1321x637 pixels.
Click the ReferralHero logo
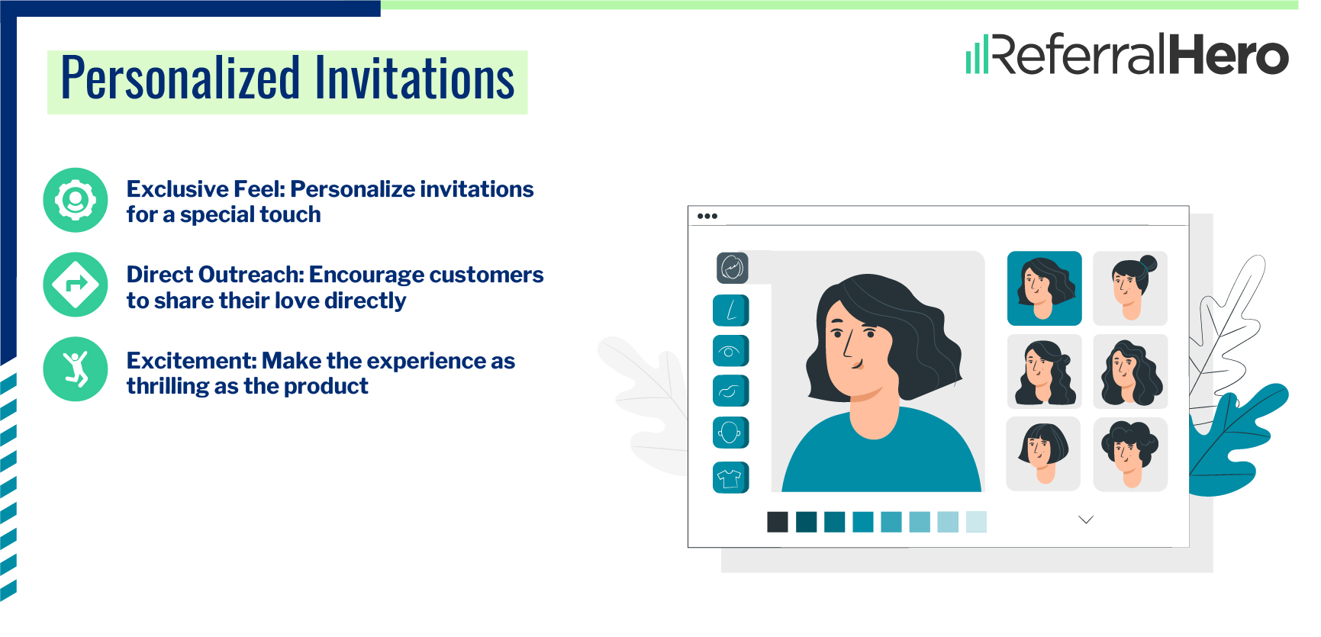[1127, 53]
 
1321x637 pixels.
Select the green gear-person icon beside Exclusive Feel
[76, 200]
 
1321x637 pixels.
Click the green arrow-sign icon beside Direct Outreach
[76, 285]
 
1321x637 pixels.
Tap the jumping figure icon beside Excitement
[76, 369]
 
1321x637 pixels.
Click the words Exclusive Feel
[205, 189]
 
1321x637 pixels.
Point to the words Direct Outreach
[215, 275]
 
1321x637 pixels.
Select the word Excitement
[191, 360]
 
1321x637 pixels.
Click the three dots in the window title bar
[707, 216]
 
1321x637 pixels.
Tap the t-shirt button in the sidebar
[730, 478]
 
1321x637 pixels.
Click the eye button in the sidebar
[730, 351]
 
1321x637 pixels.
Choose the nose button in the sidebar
[730, 310]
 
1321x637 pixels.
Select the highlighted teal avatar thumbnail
[1045, 288]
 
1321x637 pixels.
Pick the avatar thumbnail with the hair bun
[1130, 288]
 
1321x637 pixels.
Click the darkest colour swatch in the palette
[778, 522]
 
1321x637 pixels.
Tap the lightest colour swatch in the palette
[976, 522]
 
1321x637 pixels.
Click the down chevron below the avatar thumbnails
[1086, 520]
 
